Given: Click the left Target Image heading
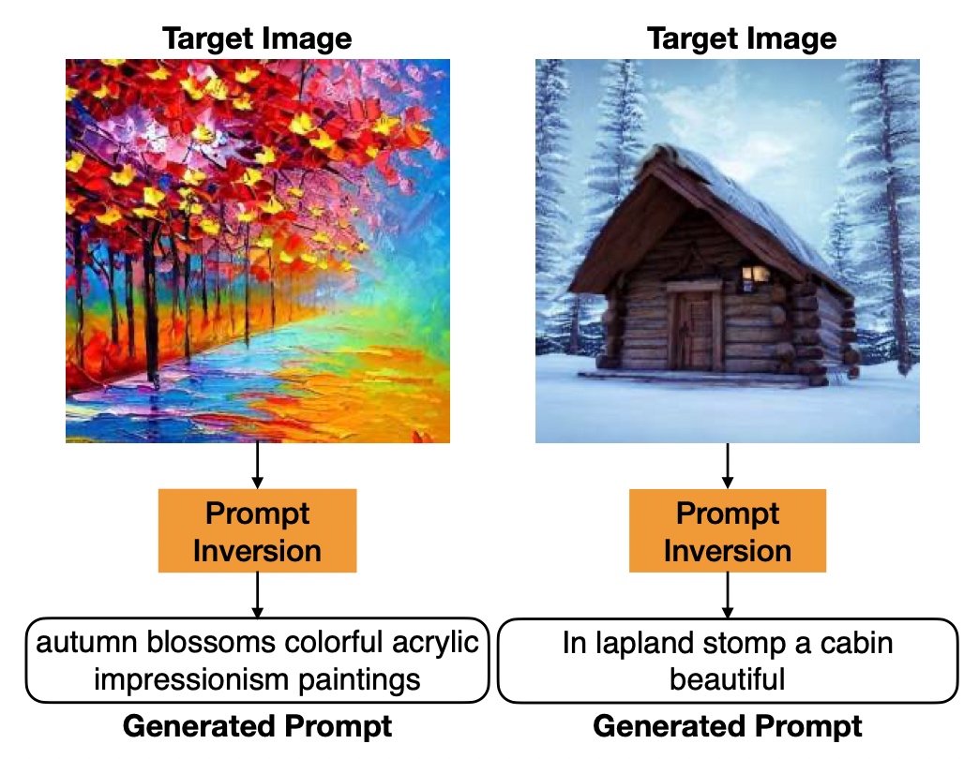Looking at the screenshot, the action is (x=257, y=38).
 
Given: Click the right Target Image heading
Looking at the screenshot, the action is (x=742, y=38).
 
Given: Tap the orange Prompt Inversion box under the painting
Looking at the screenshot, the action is (x=257, y=530).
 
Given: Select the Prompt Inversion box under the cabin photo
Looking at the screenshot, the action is (x=728, y=530).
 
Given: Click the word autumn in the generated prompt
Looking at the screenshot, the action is (x=86, y=643).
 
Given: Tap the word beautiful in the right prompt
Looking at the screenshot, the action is (x=728, y=678).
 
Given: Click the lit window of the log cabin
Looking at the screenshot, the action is (x=755, y=274).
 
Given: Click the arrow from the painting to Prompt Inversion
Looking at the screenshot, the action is (x=257, y=466).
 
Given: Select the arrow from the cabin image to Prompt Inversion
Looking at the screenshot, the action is (x=728, y=466).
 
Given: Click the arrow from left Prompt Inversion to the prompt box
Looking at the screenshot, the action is (x=257, y=595).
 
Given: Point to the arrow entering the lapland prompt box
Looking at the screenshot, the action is (x=728, y=595).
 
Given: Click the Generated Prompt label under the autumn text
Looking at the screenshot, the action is (x=257, y=726).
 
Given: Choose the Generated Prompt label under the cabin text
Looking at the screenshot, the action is (x=728, y=726).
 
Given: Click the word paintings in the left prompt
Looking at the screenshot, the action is (x=359, y=679).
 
